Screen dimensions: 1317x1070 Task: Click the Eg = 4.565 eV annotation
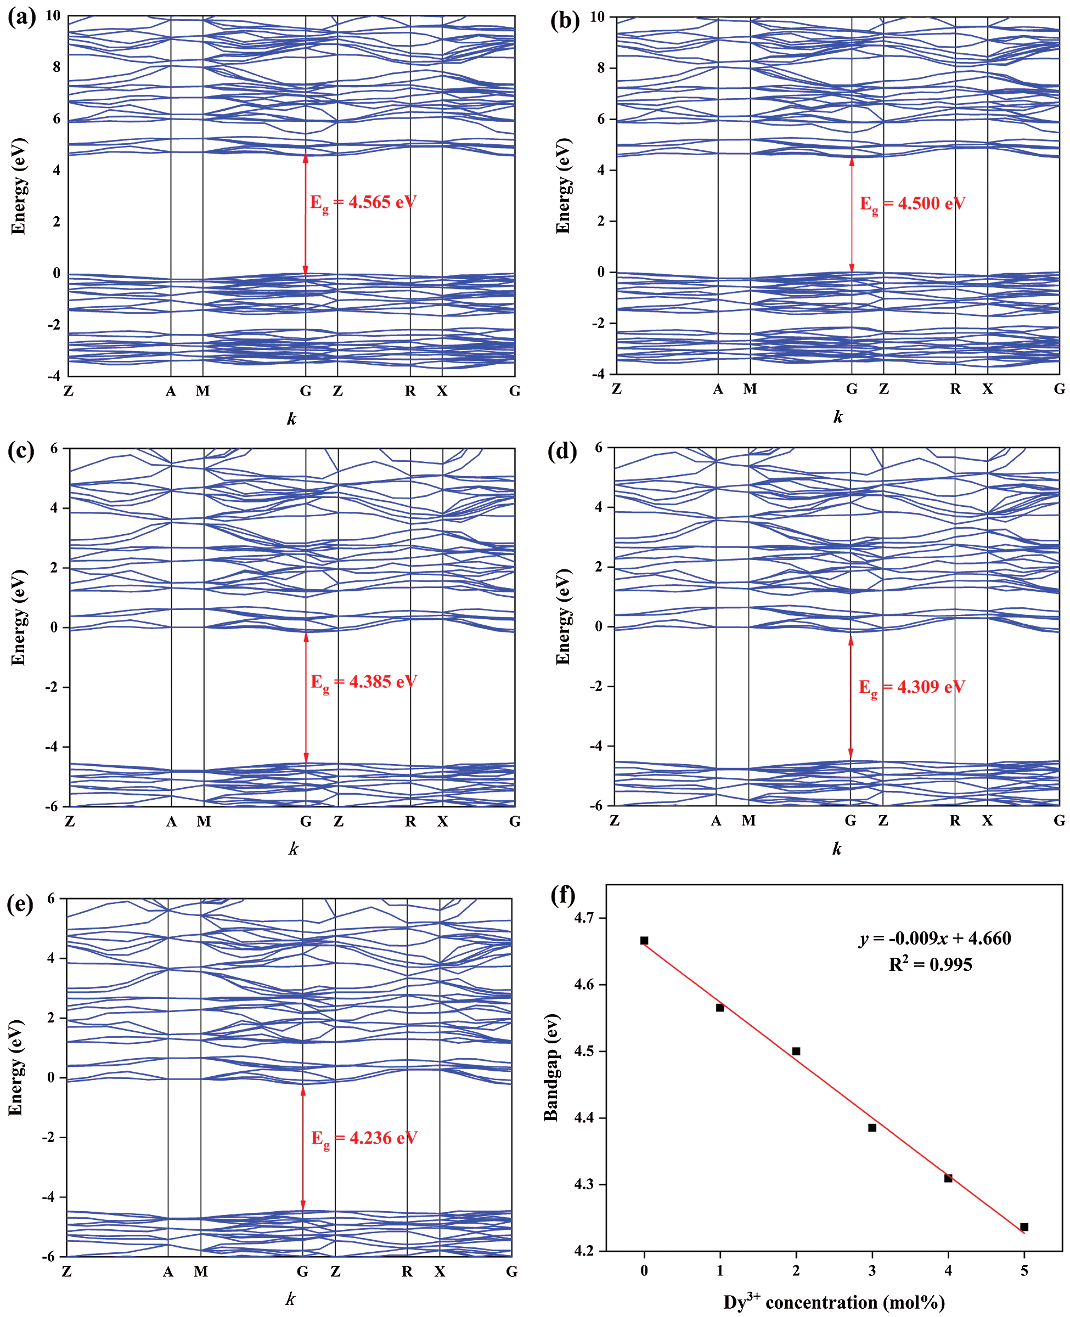(362, 202)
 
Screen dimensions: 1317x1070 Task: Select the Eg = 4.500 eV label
(912, 204)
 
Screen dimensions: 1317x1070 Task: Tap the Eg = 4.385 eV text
(363, 682)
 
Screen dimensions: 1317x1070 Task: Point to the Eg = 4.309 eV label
(911, 687)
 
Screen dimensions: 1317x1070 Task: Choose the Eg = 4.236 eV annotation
(364, 1138)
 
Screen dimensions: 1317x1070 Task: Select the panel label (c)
(21, 451)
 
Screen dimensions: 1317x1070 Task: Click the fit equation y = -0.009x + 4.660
(934, 938)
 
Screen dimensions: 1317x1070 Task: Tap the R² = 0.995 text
(930, 965)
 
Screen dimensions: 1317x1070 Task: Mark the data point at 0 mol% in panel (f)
(644, 941)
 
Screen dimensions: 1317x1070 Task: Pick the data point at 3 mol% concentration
(872, 1128)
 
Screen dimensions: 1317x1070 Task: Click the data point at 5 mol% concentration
(1024, 1227)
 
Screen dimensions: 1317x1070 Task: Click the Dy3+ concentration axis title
(834, 1302)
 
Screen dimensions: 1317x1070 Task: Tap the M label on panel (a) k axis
(203, 391)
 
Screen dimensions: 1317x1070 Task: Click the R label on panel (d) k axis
(955, 821)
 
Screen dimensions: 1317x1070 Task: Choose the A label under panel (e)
(168, 1272)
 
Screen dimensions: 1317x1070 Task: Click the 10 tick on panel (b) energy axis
(596, 17)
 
